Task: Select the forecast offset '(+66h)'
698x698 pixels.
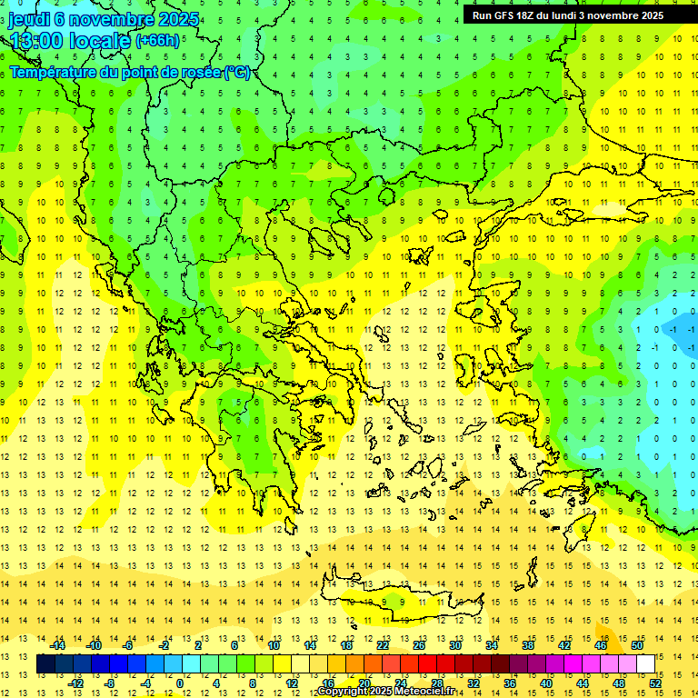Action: point(156,41)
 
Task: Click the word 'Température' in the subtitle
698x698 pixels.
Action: point(54,72)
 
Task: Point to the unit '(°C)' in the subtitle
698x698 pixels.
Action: point(237,72)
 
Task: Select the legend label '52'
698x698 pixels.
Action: point(655,683)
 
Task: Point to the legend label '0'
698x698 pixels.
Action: point(180,683)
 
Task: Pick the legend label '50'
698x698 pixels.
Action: point(637,645)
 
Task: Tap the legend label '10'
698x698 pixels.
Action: point(273,645)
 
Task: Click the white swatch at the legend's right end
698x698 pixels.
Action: point(645,663)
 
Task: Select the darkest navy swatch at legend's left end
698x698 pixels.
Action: point(45,663)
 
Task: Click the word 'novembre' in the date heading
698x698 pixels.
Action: point(110,19)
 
